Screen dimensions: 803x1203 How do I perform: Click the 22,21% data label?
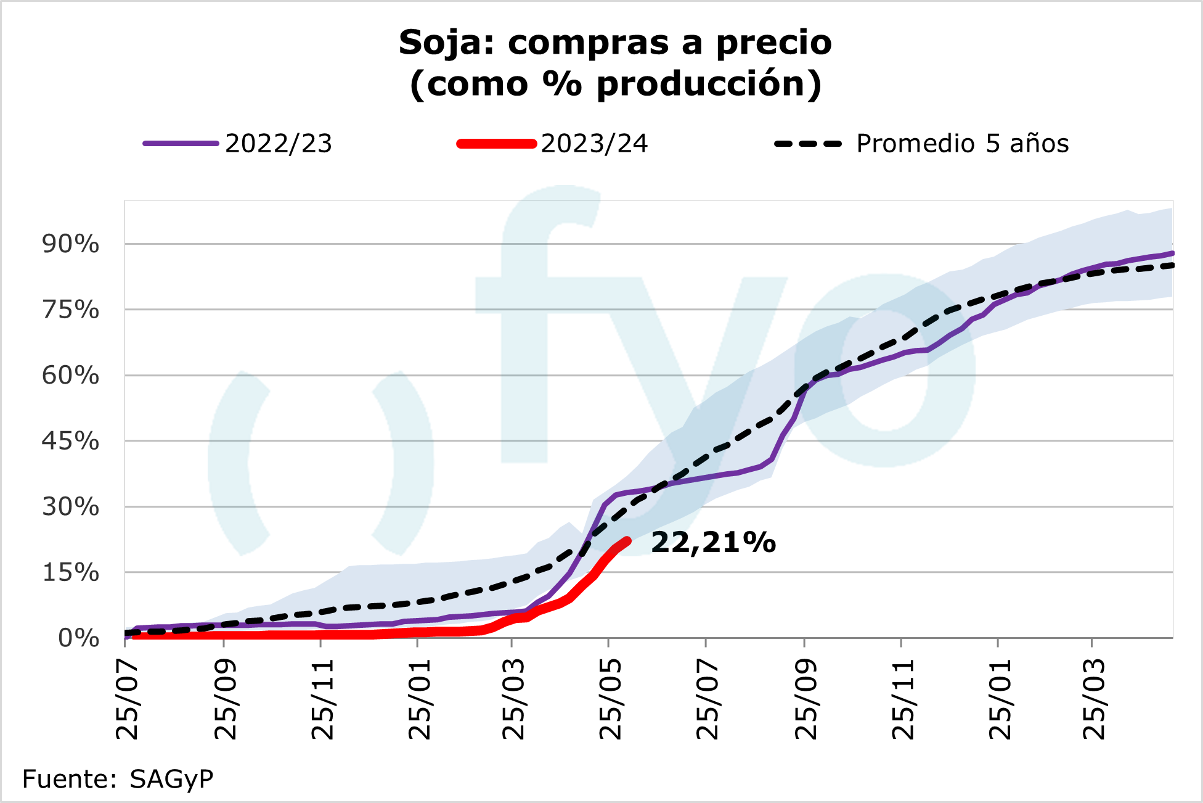point(713,543)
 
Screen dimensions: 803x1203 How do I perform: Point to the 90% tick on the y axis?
point(70,244)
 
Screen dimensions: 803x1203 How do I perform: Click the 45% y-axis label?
point(70,441)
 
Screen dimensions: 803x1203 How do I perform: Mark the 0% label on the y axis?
point(78,638)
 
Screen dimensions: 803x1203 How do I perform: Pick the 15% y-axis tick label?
point(70,573)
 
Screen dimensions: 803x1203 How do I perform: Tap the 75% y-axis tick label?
point(70,310)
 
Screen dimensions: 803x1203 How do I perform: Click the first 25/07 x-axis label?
point(128,699)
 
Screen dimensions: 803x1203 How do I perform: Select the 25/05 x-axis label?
point(611,699)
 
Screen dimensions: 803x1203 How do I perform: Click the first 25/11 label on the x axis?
point(322,699)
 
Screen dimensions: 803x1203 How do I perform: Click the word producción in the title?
point(701,84)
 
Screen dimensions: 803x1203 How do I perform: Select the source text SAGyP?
point(171,780)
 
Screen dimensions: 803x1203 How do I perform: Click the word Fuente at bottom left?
point(65,780)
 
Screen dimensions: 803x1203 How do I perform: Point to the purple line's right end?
point(1172,253)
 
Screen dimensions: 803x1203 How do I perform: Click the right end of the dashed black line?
point(1172,265)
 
